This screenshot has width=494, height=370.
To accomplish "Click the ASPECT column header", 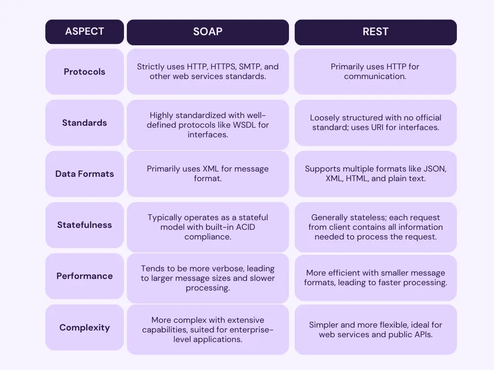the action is click(x=84, y=31).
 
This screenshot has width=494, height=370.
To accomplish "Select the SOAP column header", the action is click(x=207, y=32).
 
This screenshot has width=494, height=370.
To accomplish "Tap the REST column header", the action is click(x=375, y=32).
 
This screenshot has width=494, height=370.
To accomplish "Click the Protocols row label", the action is click(x=84, y=72).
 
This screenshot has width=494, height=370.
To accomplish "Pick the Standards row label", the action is click(x=84, y=123).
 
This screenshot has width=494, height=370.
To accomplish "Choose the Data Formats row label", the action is click(x=84, y=173).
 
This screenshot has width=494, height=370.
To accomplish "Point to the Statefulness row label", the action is click(x=84, y=225).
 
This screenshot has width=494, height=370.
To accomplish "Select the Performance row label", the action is click(x=84, y=276).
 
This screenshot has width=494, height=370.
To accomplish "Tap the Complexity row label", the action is click(x=84, y=328).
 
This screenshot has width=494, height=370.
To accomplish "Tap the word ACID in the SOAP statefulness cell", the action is click(x=244, y=227).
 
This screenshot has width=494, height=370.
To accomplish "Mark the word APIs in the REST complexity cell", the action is click(x=423, y=334).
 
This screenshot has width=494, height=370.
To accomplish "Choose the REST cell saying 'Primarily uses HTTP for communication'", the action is click(x=375, y=72).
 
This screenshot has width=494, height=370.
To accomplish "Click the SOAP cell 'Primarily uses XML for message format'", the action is click(x=207, y=174).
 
